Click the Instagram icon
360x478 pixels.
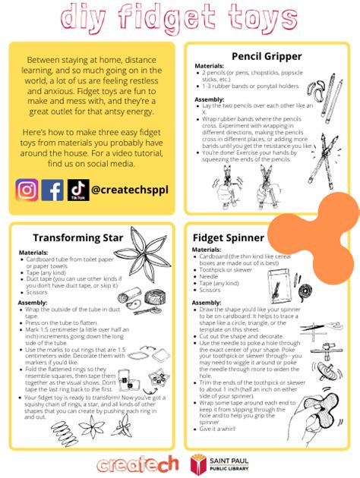pyautogui.click(x=27, y=189)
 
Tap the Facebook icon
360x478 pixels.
pyautogui.click(x=52, y=189)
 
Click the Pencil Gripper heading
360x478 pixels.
pyautogui.click(x=266, y=56)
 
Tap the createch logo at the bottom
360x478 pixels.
pyautogui.click(x=138, y=462)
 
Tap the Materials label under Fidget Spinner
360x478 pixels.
pyautogui.click(x=207, y=250)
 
